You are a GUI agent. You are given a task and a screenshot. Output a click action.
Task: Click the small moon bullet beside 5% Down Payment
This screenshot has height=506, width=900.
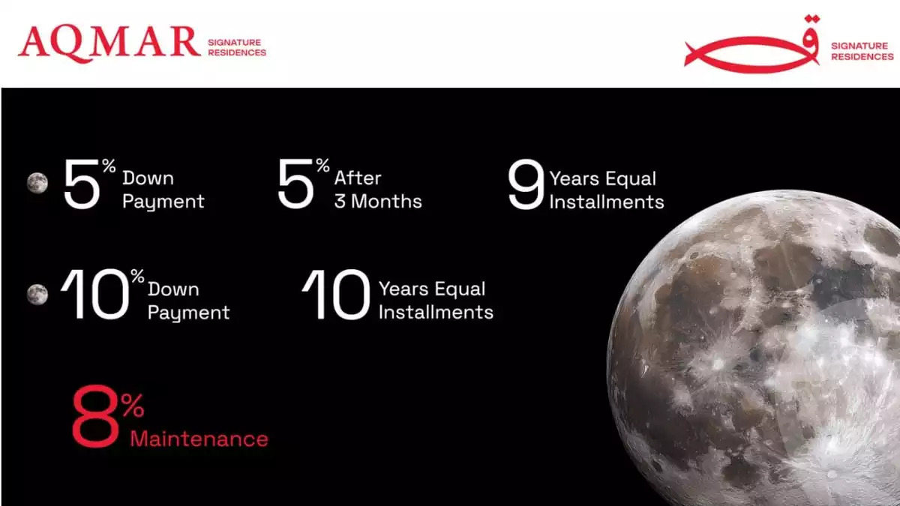37,183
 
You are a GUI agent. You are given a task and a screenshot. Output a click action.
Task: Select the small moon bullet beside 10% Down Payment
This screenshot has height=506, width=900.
37,295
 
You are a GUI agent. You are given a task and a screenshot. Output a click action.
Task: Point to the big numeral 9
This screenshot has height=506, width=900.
526,184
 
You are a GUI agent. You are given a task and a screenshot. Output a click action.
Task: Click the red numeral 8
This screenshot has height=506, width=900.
96,416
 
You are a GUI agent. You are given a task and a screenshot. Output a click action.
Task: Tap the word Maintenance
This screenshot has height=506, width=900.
199,439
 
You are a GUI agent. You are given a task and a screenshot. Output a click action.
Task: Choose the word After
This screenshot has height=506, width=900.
358,178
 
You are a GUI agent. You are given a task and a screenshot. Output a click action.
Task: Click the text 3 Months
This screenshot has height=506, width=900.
378,201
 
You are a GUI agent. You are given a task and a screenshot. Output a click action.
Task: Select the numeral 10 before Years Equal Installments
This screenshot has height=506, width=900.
336,295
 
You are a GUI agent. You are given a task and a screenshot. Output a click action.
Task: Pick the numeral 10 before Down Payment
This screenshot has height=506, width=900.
94,295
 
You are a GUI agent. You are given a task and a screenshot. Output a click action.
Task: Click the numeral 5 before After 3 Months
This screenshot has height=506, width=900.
295,184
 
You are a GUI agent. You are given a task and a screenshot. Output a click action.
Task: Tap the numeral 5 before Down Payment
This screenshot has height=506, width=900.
82,184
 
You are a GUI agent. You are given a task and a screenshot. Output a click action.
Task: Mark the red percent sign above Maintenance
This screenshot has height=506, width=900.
133,406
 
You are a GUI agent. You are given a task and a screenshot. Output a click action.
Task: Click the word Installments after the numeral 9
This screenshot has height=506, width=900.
607,202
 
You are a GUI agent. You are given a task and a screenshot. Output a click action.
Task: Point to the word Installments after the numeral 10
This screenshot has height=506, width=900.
436,313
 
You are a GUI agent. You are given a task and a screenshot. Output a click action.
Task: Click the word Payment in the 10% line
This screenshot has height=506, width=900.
188,313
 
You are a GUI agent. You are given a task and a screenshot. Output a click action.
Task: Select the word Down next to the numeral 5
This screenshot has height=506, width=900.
148,178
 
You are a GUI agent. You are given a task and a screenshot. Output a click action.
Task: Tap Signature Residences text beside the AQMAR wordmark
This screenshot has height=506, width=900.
237,47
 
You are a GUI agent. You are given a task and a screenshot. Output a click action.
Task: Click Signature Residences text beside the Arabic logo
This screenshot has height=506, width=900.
862,52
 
